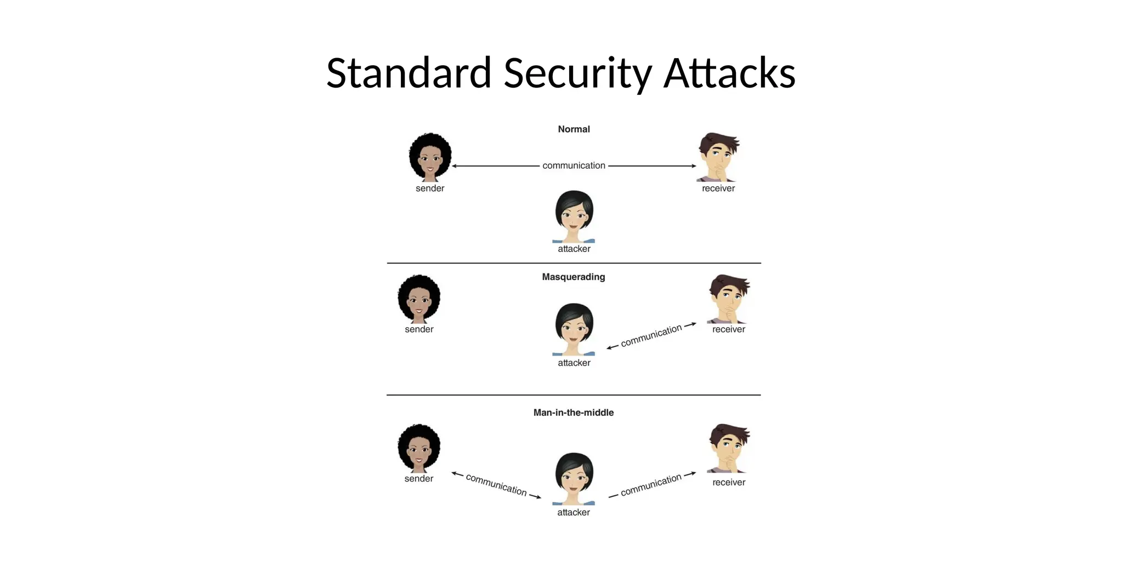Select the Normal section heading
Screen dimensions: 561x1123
coord(574,129)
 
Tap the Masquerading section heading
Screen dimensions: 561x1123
coord(574,277)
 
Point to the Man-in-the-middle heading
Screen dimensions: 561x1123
coord(574,413)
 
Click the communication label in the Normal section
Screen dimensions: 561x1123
coord(574,165)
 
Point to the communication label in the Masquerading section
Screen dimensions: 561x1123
coord(651,335)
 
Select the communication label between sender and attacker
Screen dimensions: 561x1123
coord(496,485)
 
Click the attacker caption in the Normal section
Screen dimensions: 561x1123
coord(574,249)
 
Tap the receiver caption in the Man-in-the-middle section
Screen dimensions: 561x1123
coord(729,483)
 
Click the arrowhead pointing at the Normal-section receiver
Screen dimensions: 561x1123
coord(694,166)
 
